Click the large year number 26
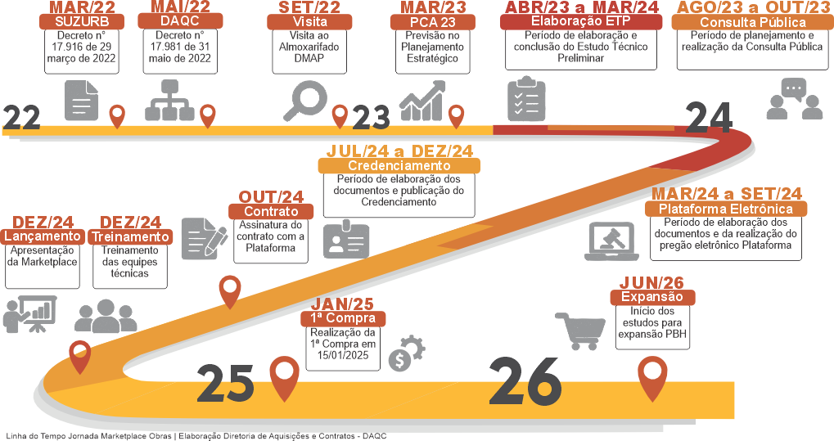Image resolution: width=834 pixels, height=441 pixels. [x=525, y=381]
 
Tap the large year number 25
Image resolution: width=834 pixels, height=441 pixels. [x=226, y=384]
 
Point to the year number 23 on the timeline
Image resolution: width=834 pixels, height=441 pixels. [x=371, y=117]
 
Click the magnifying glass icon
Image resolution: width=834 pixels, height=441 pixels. [x=305, y=101]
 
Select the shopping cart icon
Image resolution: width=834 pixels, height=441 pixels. [x=580, y=331]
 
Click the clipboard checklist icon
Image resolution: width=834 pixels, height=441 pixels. [x=526, y=99]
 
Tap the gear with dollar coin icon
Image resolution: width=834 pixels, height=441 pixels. [x=407, y=353]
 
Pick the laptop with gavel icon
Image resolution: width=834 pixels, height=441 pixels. [x=611, y=241]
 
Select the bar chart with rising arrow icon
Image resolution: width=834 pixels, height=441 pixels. [x=423, y=101]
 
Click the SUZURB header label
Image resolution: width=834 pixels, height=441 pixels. [x=82, y=22]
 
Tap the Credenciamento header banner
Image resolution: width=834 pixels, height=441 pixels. [x=399, y=165]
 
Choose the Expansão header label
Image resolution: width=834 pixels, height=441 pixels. [x=652, y=297]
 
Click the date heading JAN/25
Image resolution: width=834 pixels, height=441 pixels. [x=342, y=304]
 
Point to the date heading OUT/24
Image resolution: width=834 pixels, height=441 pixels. [x=271, y=197]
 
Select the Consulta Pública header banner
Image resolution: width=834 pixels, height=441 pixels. [x=753, y=22]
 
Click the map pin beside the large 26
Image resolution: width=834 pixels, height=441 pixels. [x=652, y=378]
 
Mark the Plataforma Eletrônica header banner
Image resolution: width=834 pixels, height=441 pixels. [x=726, y=209]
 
